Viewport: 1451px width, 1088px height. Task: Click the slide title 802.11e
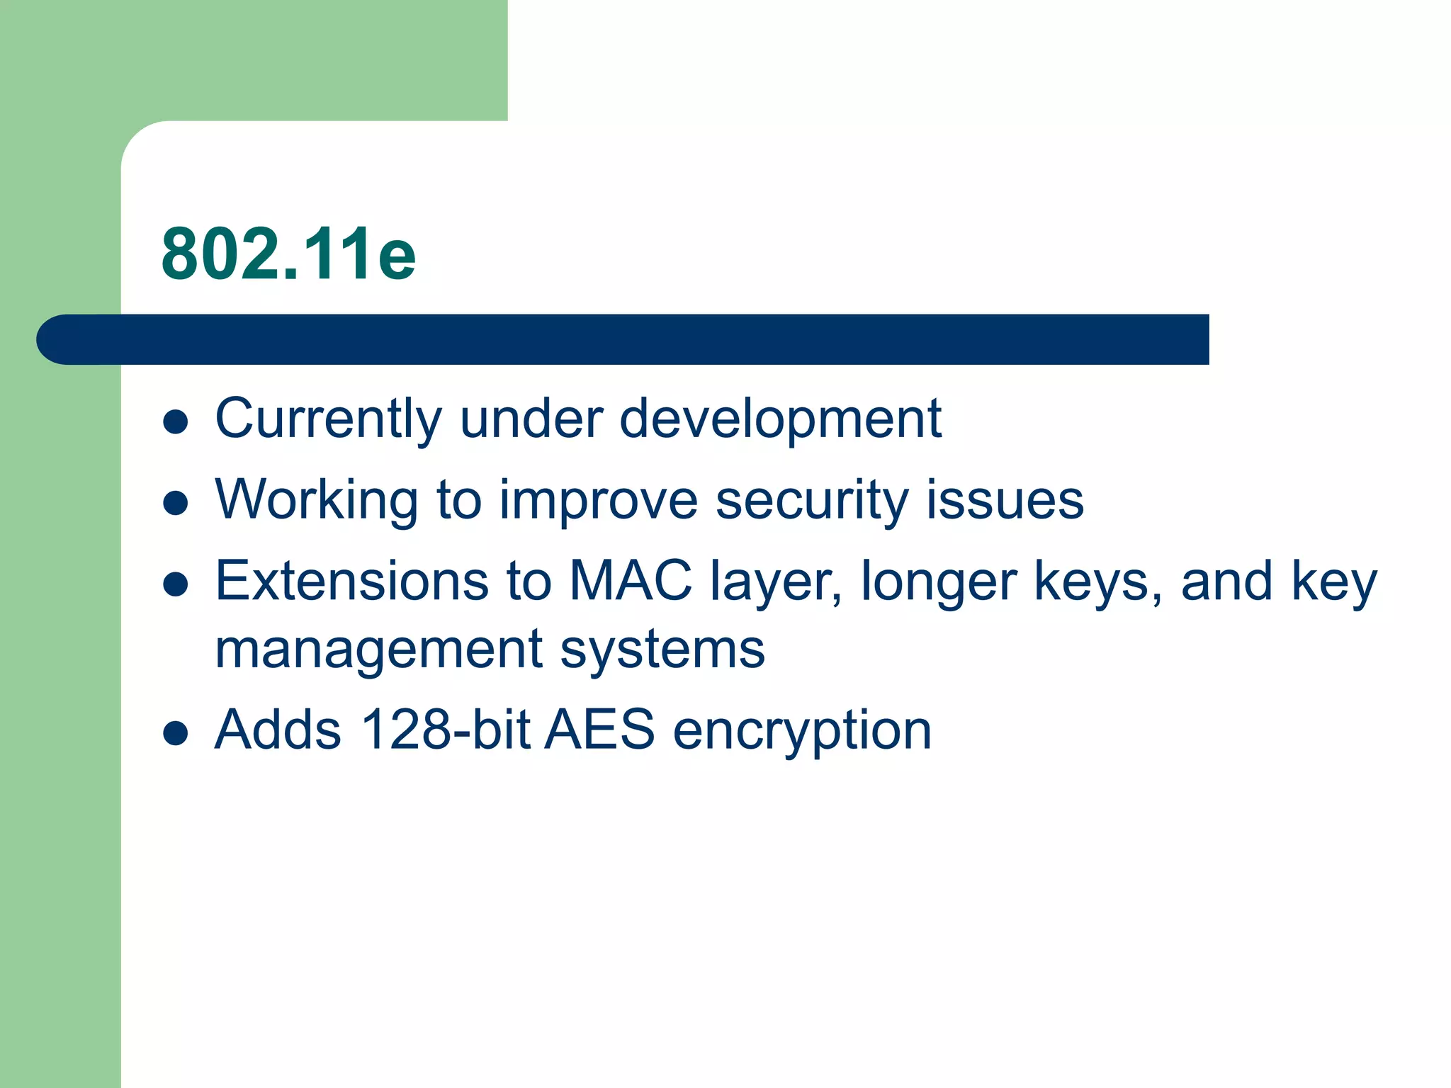pyautogui.click(x=288, y=254)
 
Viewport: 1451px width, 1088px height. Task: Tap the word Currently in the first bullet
pyautogui.click(x=328, y=419)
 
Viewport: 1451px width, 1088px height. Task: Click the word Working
pyautogui.click(x=316, y=501)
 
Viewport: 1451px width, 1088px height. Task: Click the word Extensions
pyautogui.click(x=351, y=581)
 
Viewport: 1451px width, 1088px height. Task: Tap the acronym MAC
pyautogui.click(x=631, y=581)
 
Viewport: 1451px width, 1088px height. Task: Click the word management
pyautogui.click(x=379, y=650)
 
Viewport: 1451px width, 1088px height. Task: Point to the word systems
pyautogui.click(x=662, y=650)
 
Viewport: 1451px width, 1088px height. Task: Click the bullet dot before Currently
pyautogui.click(x=175, y=422)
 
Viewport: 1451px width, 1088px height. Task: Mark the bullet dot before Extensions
pyautogui.click(x=175, y=584)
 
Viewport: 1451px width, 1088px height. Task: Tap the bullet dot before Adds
pyautogui.click(x=175, y=734)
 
